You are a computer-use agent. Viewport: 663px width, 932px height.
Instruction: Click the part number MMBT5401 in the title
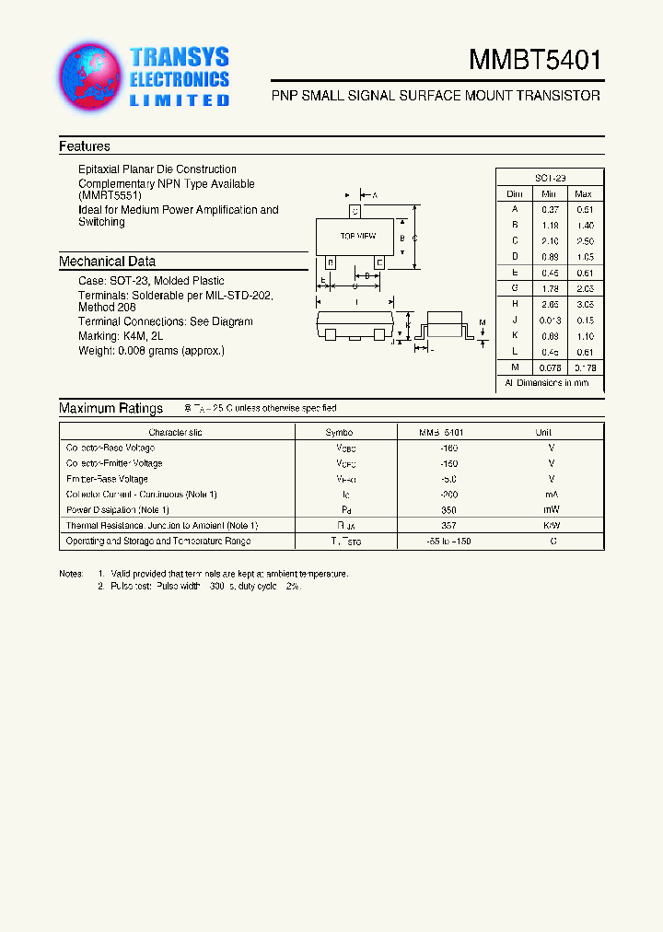tap(535, 61)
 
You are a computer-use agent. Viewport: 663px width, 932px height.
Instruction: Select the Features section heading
tap(85, 146)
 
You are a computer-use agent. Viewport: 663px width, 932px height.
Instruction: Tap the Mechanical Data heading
tap(107, 262)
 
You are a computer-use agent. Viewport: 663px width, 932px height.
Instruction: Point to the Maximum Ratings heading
tap(110, 408)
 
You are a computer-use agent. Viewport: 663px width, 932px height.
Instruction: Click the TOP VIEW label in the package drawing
tap(357, 237)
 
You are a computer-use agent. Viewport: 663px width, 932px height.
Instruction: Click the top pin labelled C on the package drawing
tap(355, 212)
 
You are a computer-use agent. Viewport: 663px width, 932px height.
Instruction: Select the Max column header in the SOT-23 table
tap(583, 194)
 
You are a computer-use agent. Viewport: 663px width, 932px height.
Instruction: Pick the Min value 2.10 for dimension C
tap(549, 240)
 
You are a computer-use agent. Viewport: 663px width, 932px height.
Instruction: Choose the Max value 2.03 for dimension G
tap(583, 288)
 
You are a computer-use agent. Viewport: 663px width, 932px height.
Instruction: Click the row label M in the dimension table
tap(515, 367)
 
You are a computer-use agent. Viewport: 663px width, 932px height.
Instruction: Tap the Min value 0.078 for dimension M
tap(549, 367)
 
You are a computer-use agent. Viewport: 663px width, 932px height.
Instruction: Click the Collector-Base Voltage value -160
tap(448, 448)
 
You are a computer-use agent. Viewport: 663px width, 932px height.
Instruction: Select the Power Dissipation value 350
tap(448, 509)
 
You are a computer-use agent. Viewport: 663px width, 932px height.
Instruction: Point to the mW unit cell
tap(551, 509)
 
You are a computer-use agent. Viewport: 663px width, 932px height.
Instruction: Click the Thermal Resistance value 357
tap(448, 525)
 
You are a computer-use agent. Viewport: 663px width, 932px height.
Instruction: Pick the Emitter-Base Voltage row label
tap(107, 479)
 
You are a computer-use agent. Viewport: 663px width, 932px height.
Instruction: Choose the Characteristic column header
tap(175, 432)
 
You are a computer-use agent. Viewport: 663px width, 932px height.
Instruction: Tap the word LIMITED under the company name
tap(179, 100)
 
